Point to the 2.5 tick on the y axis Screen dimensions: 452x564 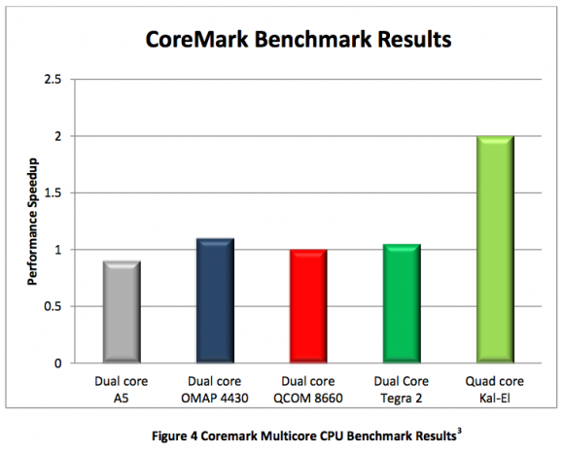pyautogui.click(x=57, y=79)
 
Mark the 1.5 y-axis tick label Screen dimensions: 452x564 pyautogui.click(x=57, y=192)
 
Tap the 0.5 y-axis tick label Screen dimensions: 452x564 pyautogui.click(x=57, y=306)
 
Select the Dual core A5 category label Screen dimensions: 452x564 pyautogui.click(x=122, y=389)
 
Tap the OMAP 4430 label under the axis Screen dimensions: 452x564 pyautogui.click(x=214, y=397)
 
